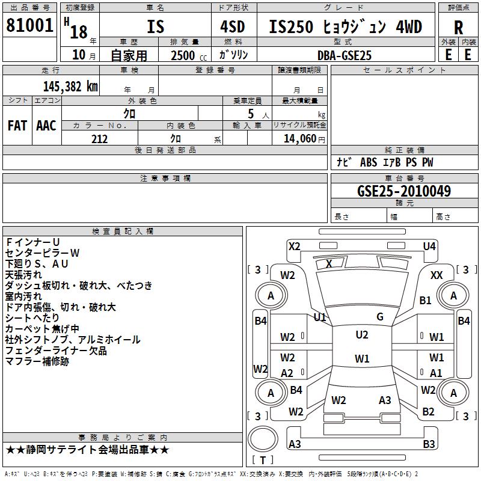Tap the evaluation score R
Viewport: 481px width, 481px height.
[459, 28]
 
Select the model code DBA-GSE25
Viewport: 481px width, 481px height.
[345, 55]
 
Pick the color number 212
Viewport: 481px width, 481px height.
[99, 139]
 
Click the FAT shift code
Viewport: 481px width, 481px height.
[17, 126]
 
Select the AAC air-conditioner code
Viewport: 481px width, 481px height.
[46, 126]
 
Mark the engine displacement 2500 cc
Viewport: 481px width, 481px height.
[183, 55]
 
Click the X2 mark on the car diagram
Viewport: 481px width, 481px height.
[294, 246]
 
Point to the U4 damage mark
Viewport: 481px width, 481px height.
[429, 246]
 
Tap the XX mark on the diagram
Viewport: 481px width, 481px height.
[437, 275]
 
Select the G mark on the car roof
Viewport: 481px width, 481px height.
[380, 317]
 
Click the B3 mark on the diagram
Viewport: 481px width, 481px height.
[429, 444]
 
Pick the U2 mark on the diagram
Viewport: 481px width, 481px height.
[361, 335]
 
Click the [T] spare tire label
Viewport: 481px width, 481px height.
[262, 460]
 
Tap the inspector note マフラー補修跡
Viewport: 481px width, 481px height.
[37, 361]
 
